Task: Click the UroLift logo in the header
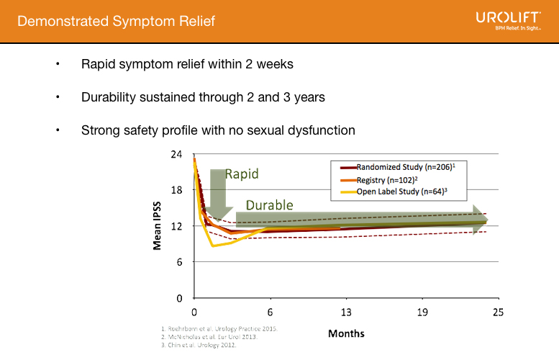(x=508, y=21)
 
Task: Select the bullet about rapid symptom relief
(x=187, y=64)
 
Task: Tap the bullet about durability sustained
(x=204, y=97)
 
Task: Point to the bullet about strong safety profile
(x=218, y=130)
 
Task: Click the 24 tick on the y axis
(x=176, y=154)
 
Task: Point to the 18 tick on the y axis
(x=176, y=190)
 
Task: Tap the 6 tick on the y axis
(x=178, y=262)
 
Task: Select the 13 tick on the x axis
(x=346, y=312)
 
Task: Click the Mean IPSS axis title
(x=156, y=226)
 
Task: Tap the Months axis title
(x=346, y=333)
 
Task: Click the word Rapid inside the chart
(x=242, y=174)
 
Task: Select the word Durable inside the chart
(x=270, y=205)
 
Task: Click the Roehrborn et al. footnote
(x=219, y=329)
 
